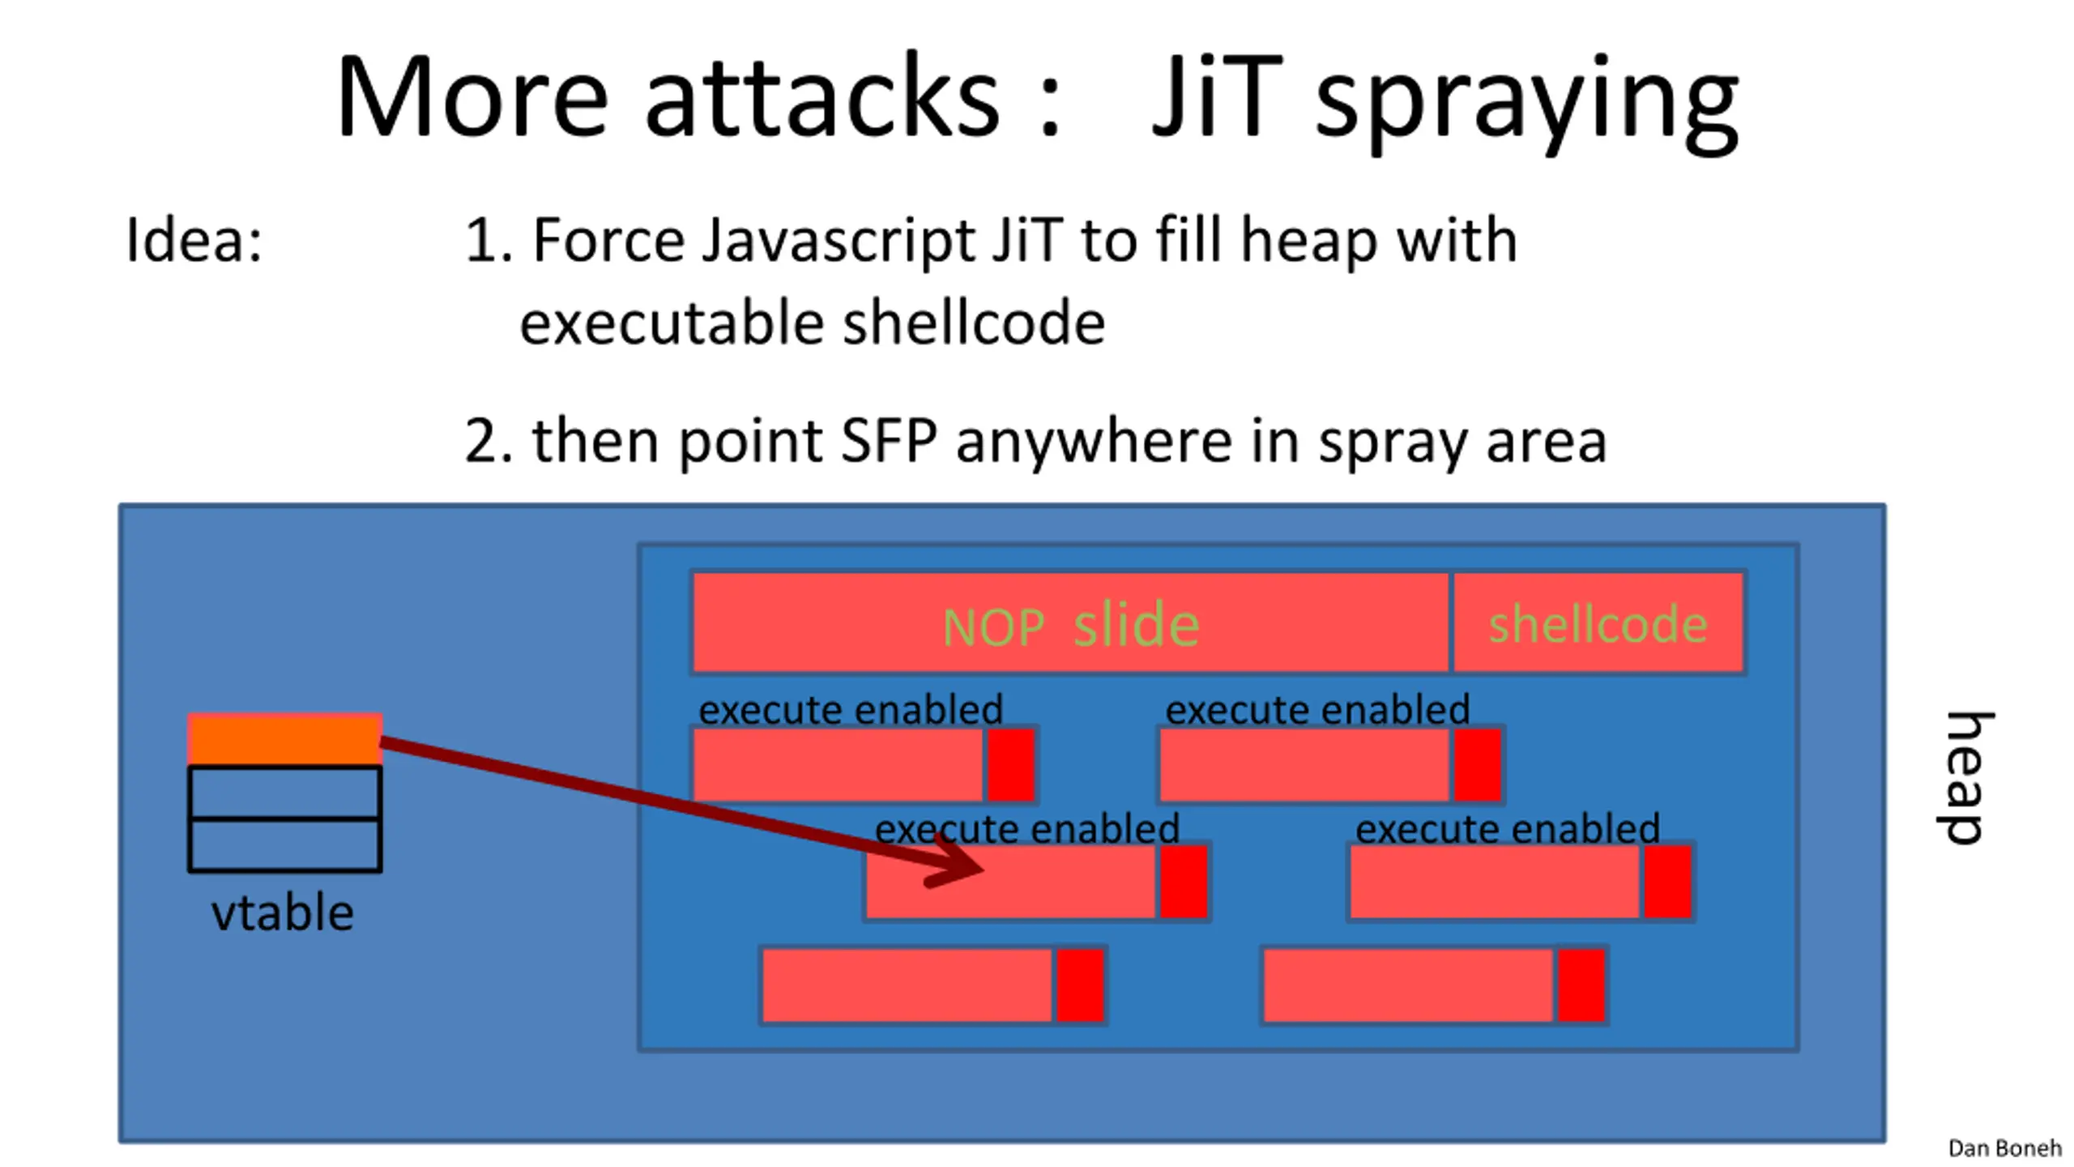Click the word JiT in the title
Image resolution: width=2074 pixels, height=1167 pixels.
[1216, 97]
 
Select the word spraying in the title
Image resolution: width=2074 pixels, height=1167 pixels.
[1526, 101]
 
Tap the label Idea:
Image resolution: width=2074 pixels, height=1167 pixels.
[194, 241]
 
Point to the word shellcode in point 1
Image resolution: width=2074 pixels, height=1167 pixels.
[974, 323]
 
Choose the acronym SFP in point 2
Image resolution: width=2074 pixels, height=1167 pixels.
[889, 442]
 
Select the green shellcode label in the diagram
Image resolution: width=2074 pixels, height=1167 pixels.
[1598, 625]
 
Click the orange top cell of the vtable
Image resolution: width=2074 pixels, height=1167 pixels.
[284, 738]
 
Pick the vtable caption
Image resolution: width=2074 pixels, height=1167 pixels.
[282, 913]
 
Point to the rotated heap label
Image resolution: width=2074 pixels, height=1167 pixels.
[1964, 778]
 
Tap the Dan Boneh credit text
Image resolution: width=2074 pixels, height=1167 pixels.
[2004, 1148]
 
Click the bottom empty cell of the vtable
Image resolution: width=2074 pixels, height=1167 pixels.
[284, 845]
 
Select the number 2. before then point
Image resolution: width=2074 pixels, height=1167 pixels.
[488, 442]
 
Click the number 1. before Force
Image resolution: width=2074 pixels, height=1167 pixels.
[488, 241]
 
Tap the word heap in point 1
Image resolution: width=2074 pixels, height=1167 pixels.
[1309, 241]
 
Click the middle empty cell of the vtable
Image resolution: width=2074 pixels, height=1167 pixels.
[284, 792]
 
